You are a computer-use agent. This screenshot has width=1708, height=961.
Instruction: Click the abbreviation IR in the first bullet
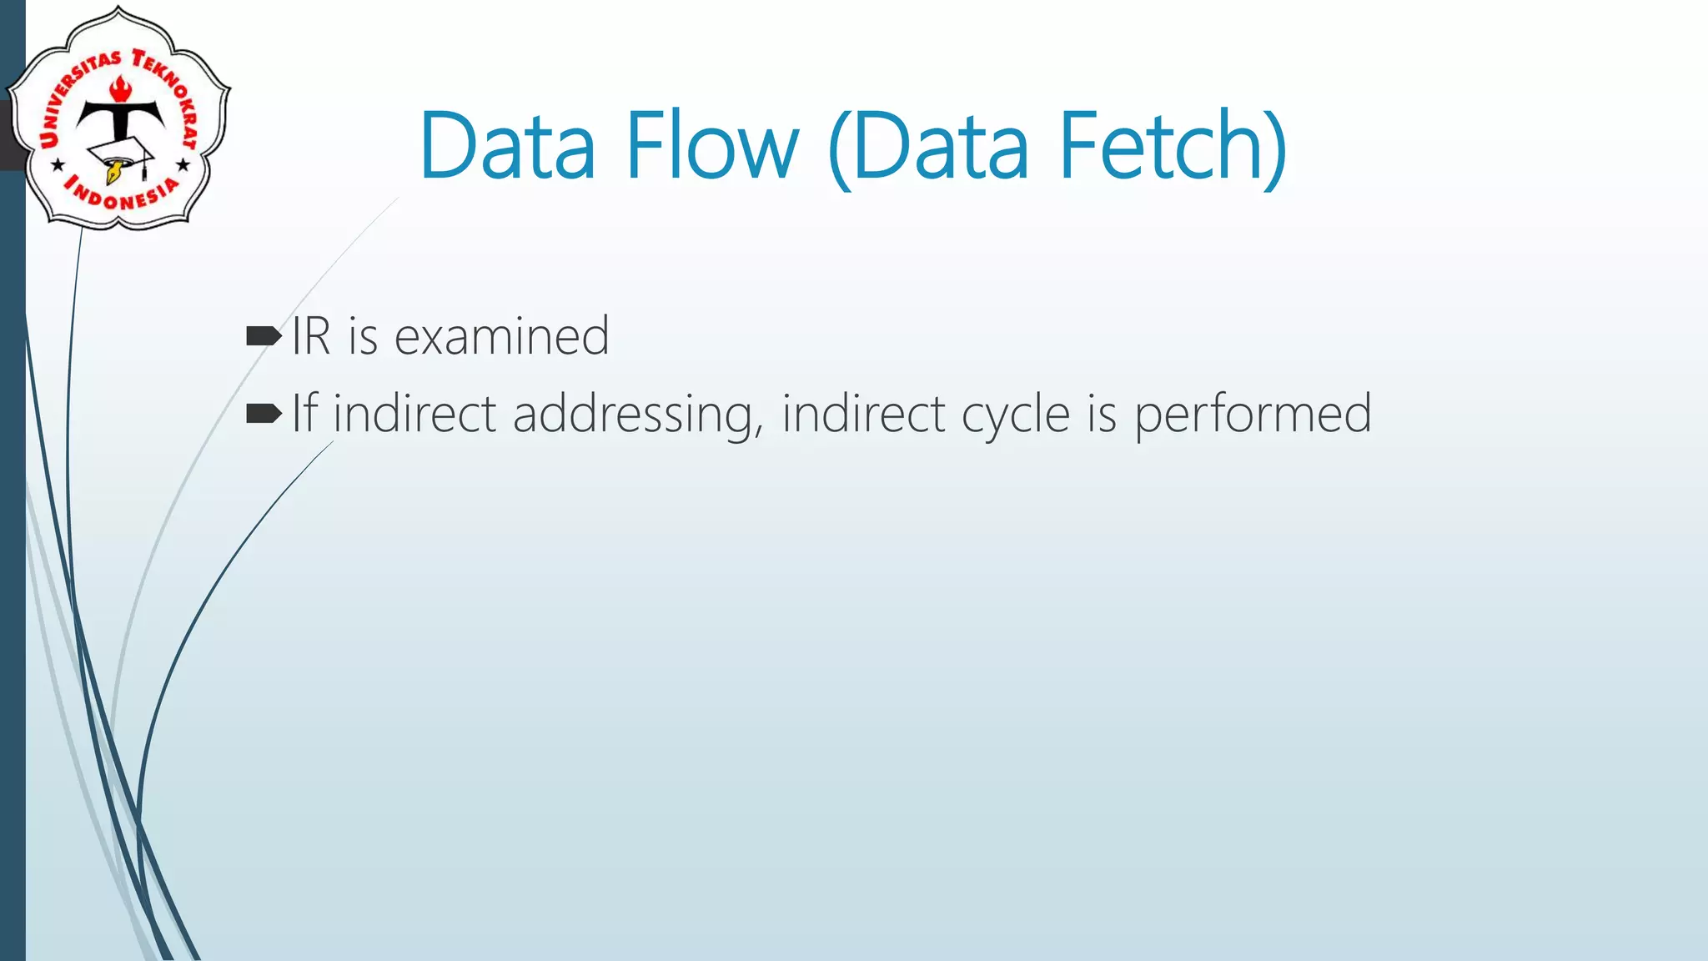coord(311,336)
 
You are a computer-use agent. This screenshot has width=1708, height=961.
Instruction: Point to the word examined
coord(501,336)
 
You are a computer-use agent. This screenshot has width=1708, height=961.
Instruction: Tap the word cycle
coord(1015,415)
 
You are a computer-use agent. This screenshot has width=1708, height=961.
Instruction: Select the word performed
coord(1252,415)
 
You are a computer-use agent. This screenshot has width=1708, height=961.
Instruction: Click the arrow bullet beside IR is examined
coord(264,336)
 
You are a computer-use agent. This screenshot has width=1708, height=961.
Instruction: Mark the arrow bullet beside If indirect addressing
coord(264,413)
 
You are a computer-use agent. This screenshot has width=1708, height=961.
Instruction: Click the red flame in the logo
coord(121,88)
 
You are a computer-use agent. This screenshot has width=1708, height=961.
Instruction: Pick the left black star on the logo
coord(58,165)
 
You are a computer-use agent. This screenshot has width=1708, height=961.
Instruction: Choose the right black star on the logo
coord(183,165)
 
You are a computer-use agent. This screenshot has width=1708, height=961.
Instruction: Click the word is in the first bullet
coord(363,336)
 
